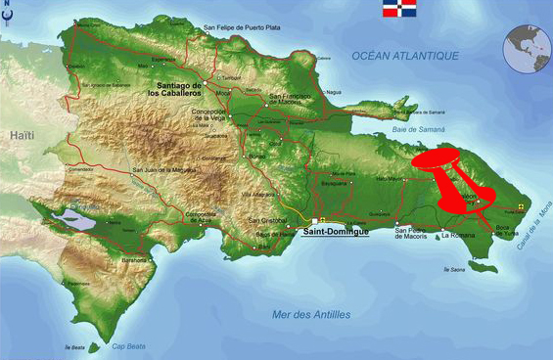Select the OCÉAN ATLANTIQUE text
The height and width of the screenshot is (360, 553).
click(405, 57)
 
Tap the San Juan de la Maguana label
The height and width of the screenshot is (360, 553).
click(163, 168)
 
